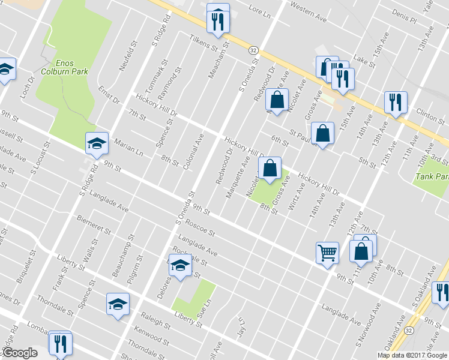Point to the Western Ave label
(x=308, y=13)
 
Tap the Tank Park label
(x=432, y=177)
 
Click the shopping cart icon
(x=328, y=253)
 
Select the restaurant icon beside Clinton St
(x=396, y=103)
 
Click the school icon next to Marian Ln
(x=97, y=143)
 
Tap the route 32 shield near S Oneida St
(x=254, y=50)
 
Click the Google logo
(x=20, y=353)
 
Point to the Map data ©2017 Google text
(x=411, y=355)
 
